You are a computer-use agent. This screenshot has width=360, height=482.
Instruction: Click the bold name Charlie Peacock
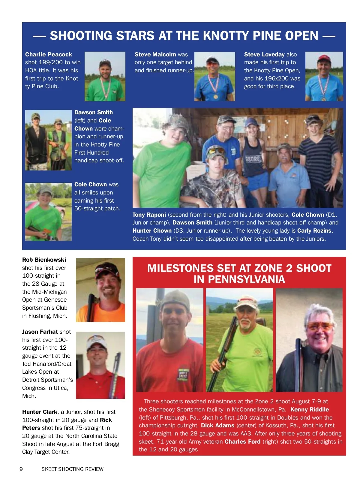pyautogui.click(x=48, y=54)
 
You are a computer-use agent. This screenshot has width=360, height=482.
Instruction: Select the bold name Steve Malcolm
pyautogui.click(x=155, y=54)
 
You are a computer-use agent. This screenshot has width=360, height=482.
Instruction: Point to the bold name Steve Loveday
pyautogui.click(x=264, y=54)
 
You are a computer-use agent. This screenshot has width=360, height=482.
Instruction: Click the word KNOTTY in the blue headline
pyautogui.click(x=226, y=36)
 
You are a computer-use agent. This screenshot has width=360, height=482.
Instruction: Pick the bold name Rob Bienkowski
pyautogui.click(x=44, y=260)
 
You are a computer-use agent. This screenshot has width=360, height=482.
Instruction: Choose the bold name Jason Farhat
pyautogui.click(x=40, y=332)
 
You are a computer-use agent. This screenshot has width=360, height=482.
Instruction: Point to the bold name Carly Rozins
pyautogui.click(x=314, y=230)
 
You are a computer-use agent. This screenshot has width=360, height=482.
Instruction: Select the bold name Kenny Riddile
pyautogui.click(x=309, y=409)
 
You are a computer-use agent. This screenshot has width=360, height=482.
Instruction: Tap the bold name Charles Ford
pyautogui.click(x=242, y=441)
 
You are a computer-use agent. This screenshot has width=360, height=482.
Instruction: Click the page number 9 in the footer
pyautogui.click(x=21, y=469)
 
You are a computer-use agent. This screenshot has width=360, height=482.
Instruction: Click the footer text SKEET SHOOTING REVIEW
pyautogui.click(x=72, y=469)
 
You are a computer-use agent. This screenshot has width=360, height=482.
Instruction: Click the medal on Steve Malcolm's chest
pyautogui.click(x=215, y=97)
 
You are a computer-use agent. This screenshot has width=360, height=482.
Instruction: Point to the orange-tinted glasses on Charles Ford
pyautogui.click(x=320, y=326)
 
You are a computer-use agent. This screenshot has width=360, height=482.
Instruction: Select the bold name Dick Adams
pyautogui.click(x=217, y=425)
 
